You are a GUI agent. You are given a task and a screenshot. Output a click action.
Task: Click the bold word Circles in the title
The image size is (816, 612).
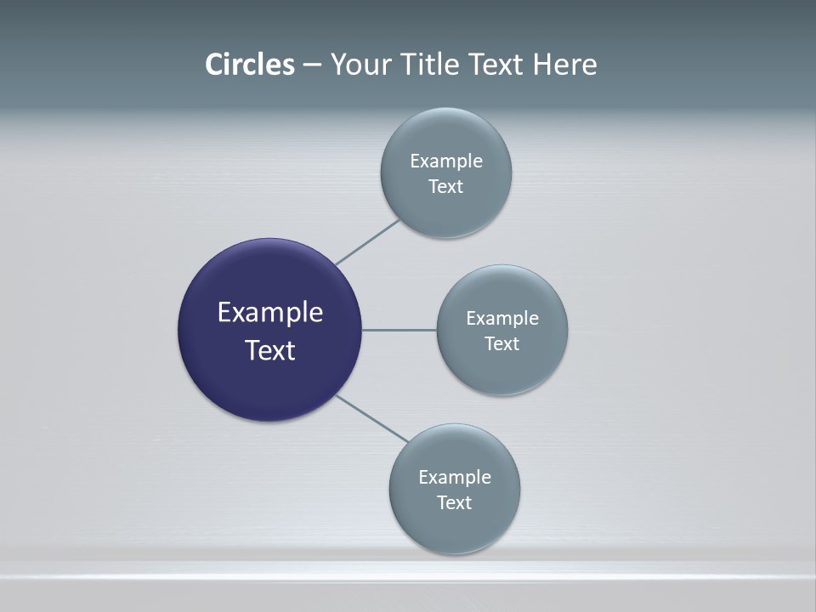pyautogui.click(x=249, y=65)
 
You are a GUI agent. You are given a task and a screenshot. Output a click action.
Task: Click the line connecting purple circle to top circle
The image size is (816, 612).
pyautogui.click(x=367, y=242)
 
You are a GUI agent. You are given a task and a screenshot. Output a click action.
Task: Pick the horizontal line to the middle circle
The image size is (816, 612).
pyautogui.click(x=399, y=330)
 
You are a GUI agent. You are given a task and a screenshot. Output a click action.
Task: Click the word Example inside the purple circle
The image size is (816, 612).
pyautogui.click(x=269, y=313)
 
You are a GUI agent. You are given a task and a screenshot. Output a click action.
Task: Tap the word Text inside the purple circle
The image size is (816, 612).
pyautogui.click(x=269, y=350)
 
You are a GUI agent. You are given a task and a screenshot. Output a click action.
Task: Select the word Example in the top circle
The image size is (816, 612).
pyautogui.click(x=446, y=161)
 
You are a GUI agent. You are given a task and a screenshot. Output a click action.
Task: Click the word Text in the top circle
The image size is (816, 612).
pyautogui.click(x=446, y=187)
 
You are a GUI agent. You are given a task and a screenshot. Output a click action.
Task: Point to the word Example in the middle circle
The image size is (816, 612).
pyautogui.click(x=502, y=319)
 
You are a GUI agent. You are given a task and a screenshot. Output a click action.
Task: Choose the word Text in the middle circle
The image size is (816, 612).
pyautogui.click(x=502, y=344)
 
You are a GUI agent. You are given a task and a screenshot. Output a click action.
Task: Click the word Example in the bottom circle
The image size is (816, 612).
pyautogui.click(x=455, y=478)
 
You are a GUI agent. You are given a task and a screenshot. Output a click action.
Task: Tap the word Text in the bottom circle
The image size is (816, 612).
pyautogui.click(x=455, y=503)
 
